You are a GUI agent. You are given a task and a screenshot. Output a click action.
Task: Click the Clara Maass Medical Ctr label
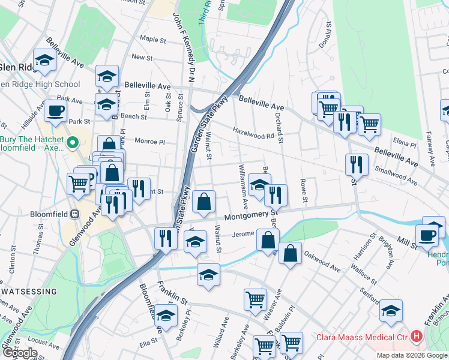[x=363, y=337]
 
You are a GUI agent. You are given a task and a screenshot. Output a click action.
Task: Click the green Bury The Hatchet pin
[x=73, y=143]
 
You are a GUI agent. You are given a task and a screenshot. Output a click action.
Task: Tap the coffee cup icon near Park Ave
[x=56, y=111]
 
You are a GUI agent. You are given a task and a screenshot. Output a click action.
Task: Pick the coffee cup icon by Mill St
[x=427, y=234]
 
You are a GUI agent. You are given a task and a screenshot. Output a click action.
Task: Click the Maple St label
[x=152, y=40]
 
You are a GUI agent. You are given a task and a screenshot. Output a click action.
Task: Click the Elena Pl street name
[x=404, y=144]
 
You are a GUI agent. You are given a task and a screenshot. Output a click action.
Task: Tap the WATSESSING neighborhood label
[x=28, y=292]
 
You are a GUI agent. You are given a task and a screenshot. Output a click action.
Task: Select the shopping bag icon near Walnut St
[x=204, y=201]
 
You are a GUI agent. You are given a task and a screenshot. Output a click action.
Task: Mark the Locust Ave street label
[x=41, y=343]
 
